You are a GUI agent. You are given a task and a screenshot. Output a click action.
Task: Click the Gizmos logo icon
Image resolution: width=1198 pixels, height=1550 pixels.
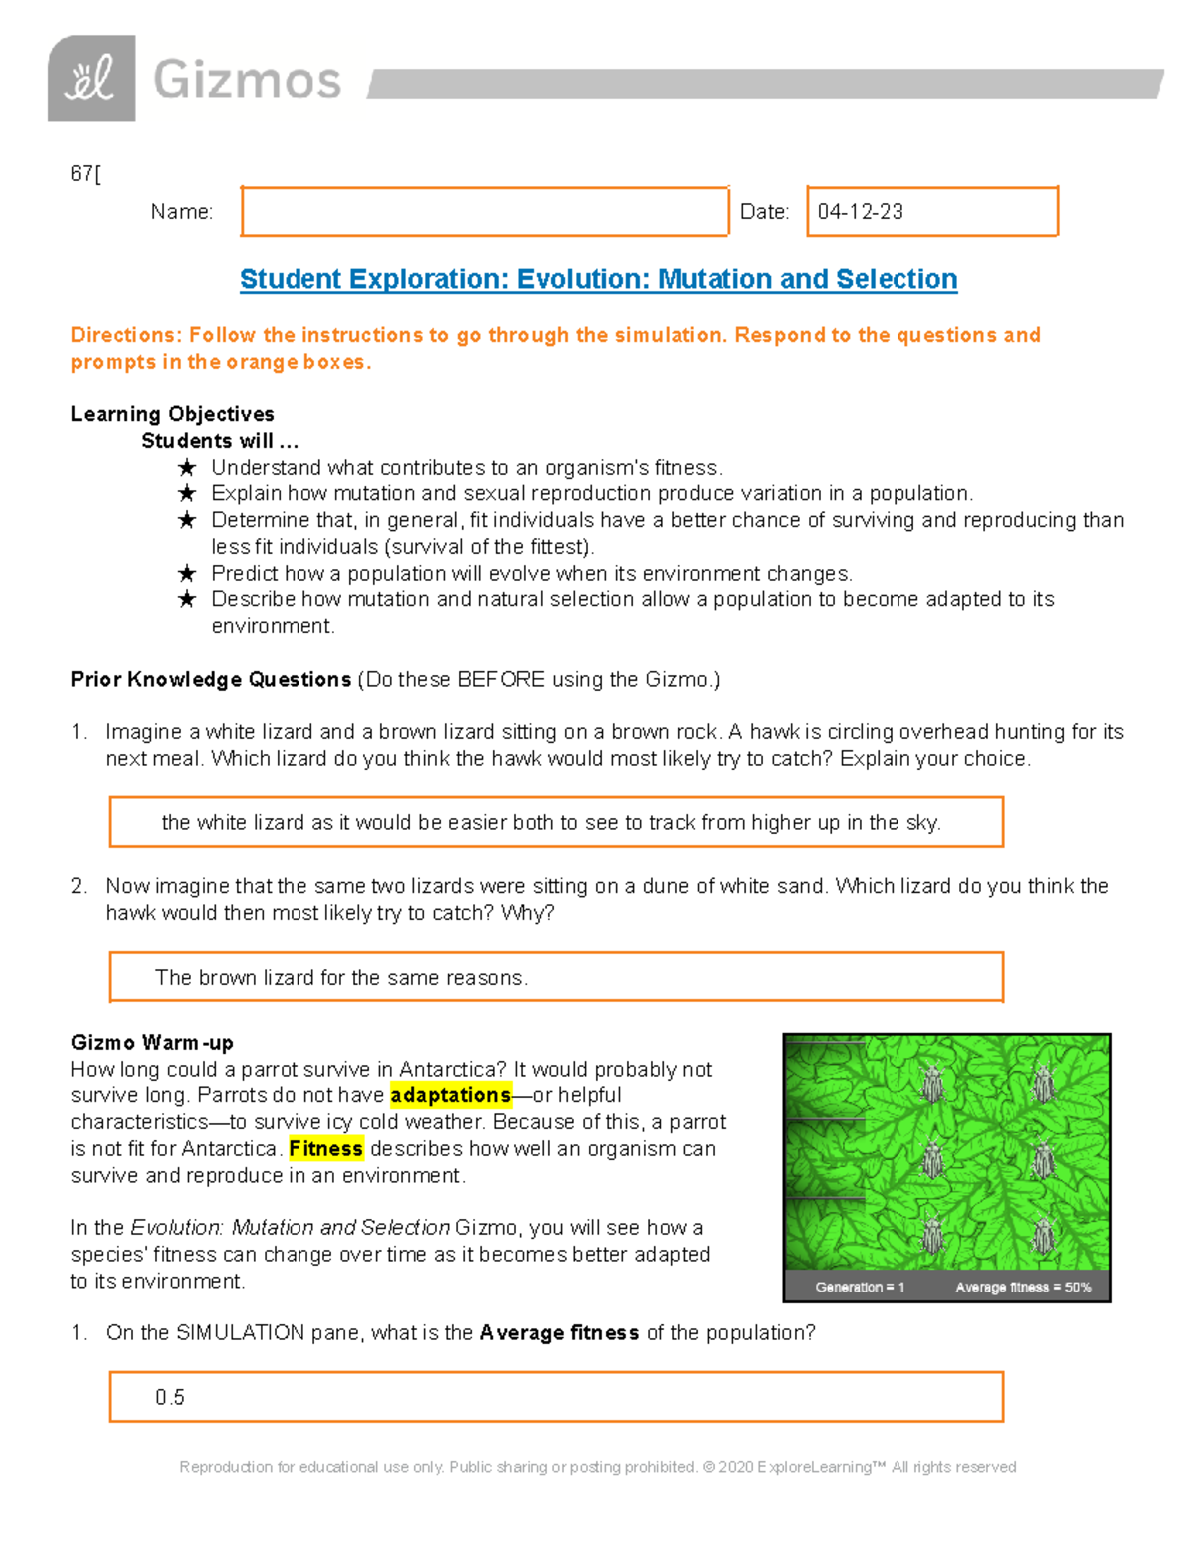(91, 79)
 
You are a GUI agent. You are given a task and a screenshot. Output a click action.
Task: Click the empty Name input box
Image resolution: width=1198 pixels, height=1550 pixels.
(484, 212)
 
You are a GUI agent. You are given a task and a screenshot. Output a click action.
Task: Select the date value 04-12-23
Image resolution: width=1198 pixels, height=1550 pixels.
(860, 212)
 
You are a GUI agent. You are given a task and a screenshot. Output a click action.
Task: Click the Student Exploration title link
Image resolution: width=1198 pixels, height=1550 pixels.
(598, 279)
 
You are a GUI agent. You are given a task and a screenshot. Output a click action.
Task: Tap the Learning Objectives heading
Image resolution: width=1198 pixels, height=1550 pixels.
(172, 414)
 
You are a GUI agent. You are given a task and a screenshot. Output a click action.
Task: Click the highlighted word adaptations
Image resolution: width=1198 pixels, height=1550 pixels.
(450, 1095)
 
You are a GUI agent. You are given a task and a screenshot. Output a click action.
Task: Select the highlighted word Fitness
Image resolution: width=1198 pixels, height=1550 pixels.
(325, 1149)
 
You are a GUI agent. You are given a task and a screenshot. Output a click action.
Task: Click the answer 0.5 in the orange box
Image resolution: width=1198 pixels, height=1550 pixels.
(170, 1397)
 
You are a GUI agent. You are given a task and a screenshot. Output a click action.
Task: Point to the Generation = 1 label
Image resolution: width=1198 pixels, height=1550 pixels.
(860, 1288)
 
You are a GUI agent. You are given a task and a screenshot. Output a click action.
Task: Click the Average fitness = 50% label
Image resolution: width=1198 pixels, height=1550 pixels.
(1023, 1288)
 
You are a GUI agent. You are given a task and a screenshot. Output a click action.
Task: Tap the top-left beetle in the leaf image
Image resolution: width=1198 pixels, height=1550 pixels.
(932, 1084)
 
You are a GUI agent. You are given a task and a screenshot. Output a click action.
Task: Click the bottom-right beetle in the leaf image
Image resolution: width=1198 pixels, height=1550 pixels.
(1044, 1236)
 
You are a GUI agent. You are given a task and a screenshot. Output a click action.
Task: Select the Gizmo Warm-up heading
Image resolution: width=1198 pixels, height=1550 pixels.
(152, 1043)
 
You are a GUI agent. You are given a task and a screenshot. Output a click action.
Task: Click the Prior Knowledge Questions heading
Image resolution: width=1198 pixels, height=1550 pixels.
(211, 680)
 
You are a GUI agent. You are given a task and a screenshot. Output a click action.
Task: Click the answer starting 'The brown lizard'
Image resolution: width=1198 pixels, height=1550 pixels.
(341, 978)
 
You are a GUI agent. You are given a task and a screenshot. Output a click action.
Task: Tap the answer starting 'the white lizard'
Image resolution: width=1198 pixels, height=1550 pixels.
(551, 823)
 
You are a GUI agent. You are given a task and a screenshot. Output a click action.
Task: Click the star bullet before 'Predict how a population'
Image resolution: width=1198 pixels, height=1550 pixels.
(187, 574)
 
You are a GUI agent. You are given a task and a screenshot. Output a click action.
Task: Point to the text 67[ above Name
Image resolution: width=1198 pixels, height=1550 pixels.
(85, 174)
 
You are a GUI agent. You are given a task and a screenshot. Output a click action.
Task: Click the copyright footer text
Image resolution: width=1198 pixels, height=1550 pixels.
(597, 1467)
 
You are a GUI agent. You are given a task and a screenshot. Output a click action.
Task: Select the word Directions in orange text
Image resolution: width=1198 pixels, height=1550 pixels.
(125, 335)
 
